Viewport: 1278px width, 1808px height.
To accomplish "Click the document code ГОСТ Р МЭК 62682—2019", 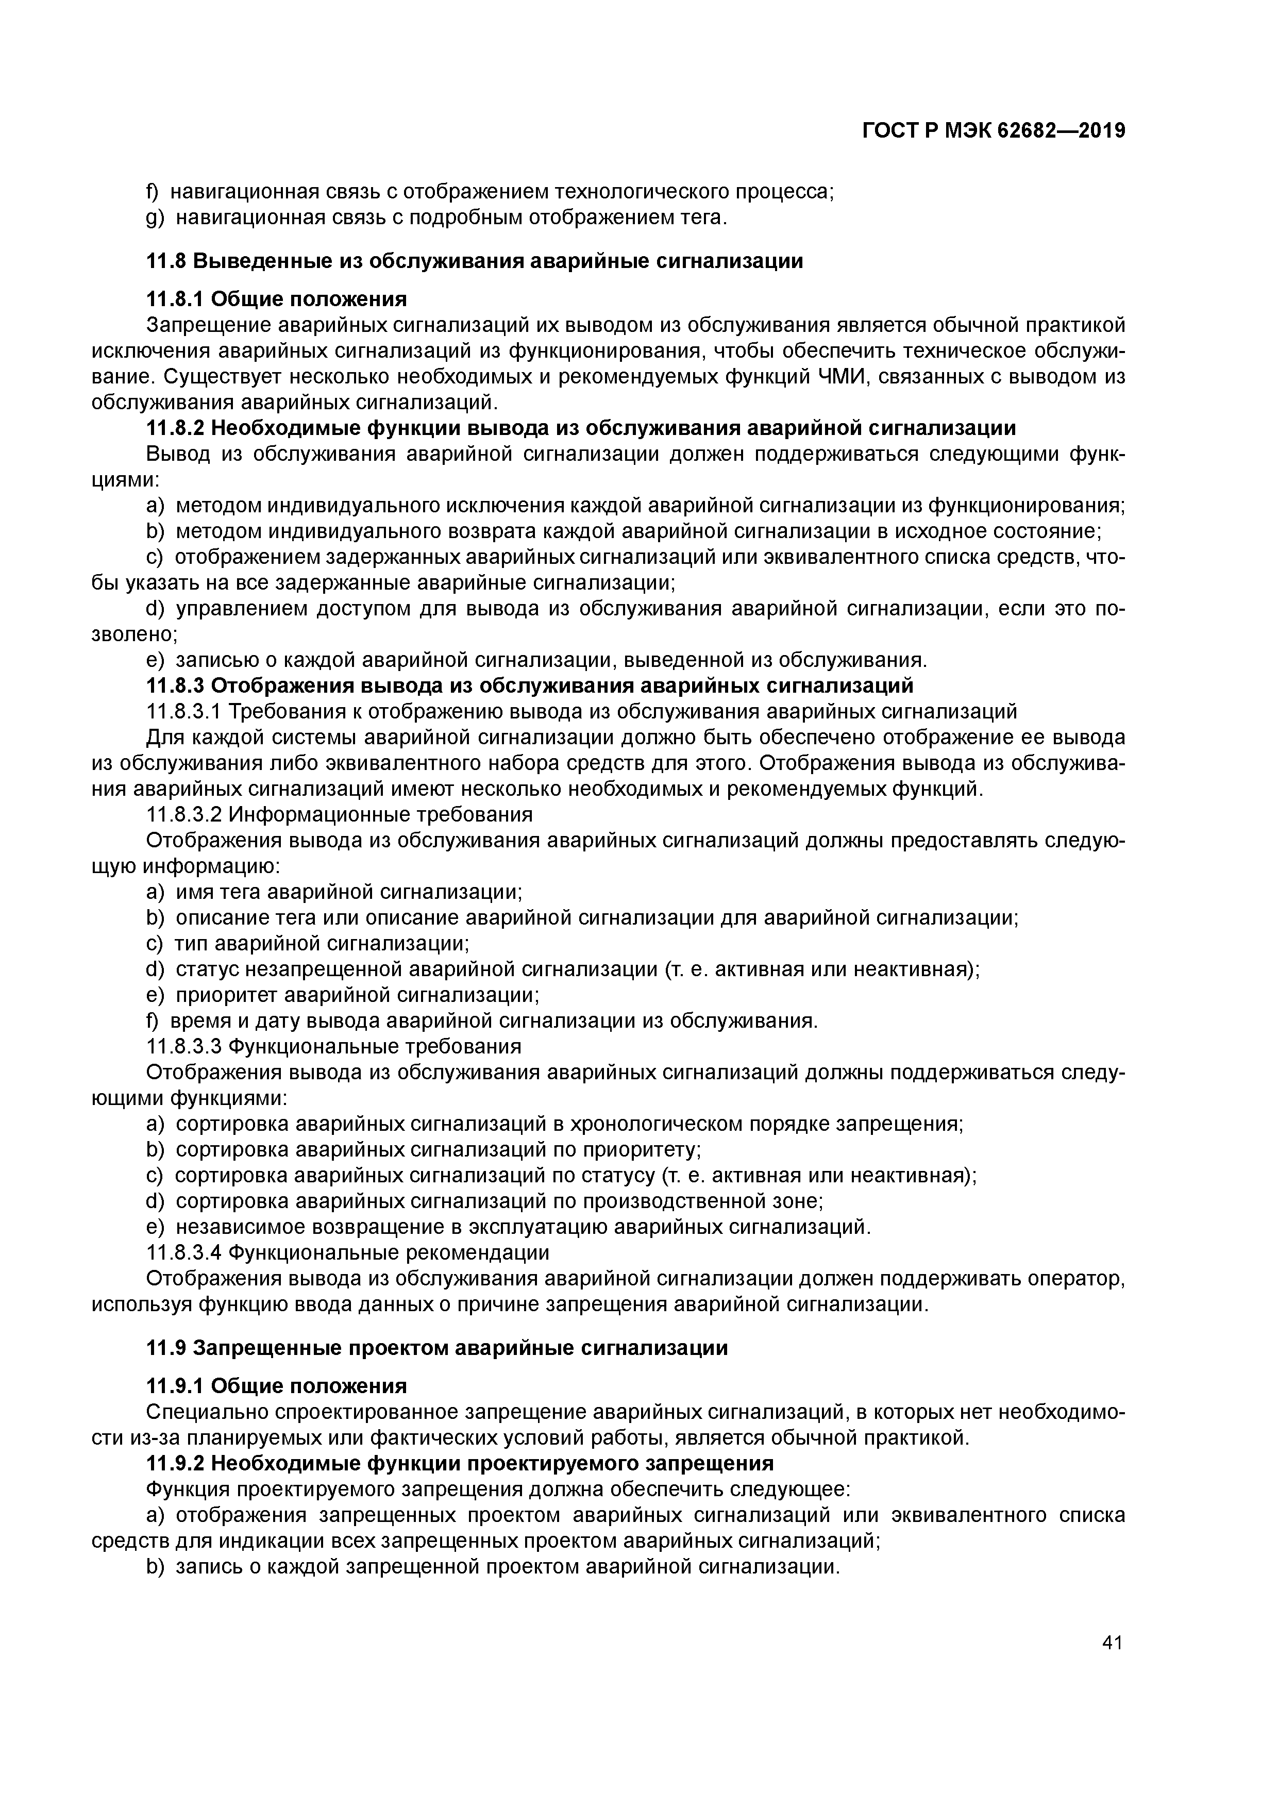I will pos(994,131).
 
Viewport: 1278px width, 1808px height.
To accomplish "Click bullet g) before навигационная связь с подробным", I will pos(154,217).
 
